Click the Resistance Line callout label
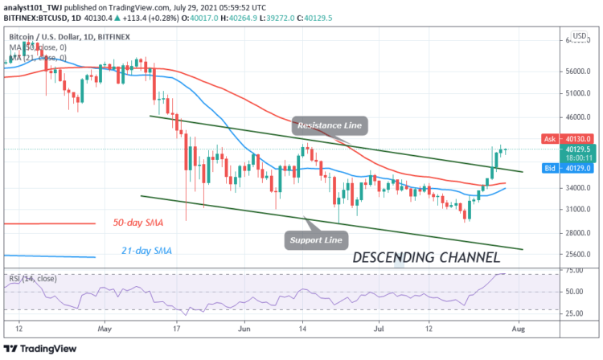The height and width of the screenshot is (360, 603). tap(330, 125)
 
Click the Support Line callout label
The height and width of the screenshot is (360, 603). tap(317, 239)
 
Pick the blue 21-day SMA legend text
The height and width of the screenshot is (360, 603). tap(138, 251)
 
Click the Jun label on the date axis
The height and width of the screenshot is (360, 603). tap(245, 328)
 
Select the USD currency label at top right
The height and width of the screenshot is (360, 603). tap(577, 39)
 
